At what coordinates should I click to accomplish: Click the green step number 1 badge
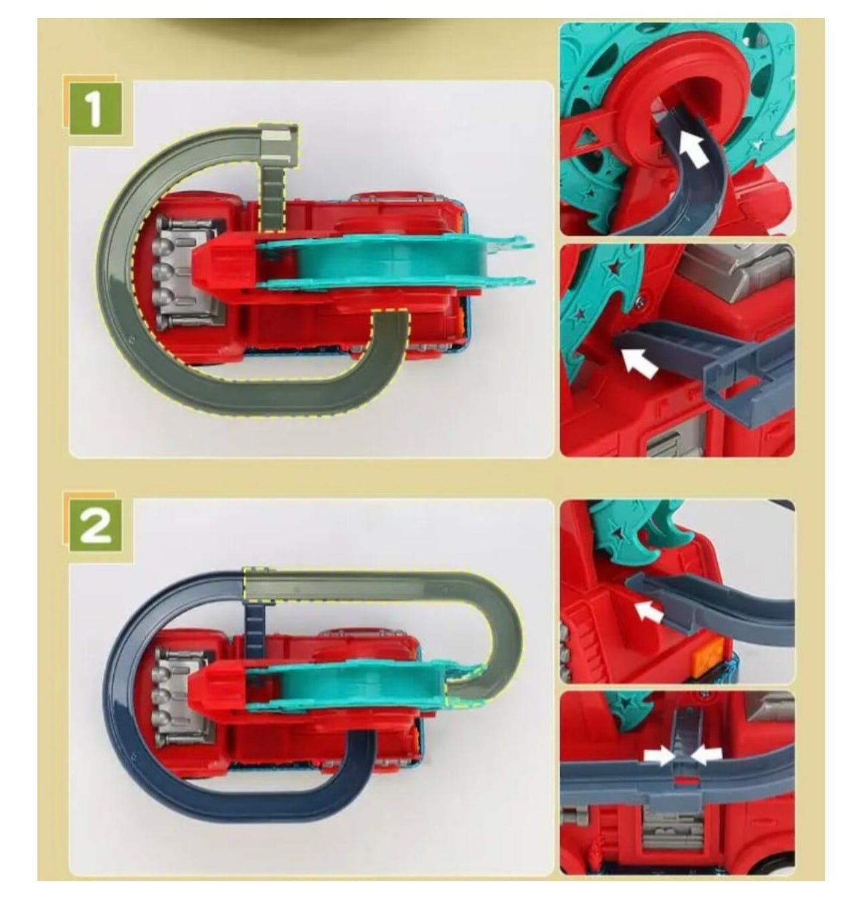click(96, 108)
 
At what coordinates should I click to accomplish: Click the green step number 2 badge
click(96, 525)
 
